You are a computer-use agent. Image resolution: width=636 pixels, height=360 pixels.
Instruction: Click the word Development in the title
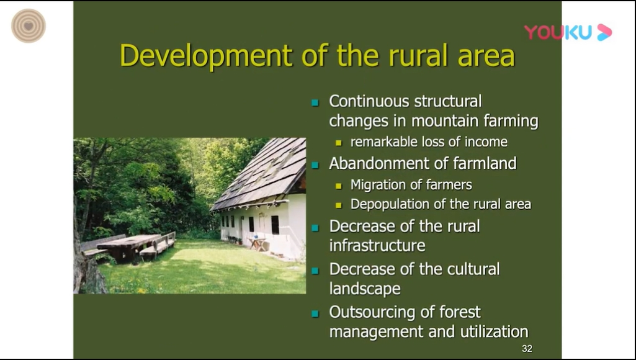coord(206,56)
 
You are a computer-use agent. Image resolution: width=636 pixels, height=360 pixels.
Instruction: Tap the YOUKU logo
coord(568,32)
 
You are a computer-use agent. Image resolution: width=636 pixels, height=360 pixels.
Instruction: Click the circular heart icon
coord(29,26)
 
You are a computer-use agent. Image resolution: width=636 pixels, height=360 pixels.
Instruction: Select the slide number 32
coord(527,349)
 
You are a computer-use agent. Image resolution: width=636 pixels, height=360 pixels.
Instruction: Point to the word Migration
coord(380,185)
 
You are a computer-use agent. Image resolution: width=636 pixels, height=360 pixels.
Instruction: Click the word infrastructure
coord(377,246)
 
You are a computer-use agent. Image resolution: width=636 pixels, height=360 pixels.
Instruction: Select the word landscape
coord(365,289)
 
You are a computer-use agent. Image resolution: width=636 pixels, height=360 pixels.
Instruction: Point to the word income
coord(486,142)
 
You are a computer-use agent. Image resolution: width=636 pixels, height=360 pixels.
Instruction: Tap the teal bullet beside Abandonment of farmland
coord(315,165)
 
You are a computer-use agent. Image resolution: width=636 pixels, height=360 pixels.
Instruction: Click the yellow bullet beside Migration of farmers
coord(339,186)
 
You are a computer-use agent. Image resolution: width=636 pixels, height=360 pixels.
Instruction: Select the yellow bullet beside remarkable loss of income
coord(339,143)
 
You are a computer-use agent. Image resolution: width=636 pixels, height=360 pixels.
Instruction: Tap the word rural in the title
coord(420,56)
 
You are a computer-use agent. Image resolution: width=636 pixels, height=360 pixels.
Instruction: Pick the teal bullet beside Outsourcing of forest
coord(315,313)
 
